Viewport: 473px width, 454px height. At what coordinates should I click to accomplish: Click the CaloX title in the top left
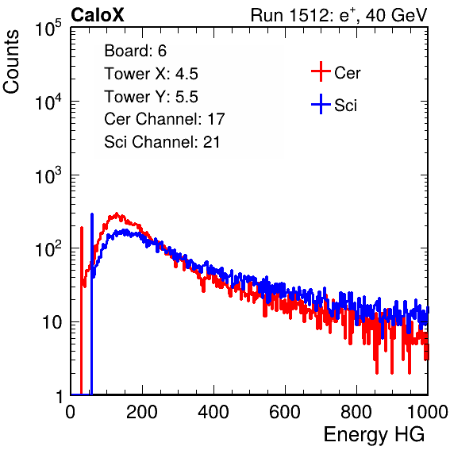(x=97, y=15)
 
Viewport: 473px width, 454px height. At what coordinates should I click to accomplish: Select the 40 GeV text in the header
(x=396, y=15)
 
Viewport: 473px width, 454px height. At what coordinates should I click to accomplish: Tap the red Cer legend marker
(x=321, y=71)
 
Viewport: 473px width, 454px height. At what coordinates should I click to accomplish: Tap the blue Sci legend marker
(x=321, y=104)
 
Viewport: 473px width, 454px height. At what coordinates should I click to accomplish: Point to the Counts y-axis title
(x=11, y=62)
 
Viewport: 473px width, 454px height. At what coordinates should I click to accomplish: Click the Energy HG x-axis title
(x=375, y=435)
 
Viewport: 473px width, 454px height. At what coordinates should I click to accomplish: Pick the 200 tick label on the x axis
(x=142, y=412)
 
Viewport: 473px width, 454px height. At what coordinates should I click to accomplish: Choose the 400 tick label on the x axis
(x=213, y=412)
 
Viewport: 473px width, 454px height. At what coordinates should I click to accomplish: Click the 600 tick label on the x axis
(x=285, y=412)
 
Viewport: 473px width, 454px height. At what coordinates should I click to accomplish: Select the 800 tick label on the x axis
(x=356, y=412)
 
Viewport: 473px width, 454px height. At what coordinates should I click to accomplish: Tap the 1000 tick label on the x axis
(x=428, y=412)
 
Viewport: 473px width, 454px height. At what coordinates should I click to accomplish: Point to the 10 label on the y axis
(x=52, y=322)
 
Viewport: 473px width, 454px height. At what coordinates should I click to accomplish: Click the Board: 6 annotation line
(x=136, y=51)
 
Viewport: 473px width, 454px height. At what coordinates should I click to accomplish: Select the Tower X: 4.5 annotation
(x=151, y=74)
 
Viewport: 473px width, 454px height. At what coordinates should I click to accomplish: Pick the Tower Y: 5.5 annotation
(x=151, y=97)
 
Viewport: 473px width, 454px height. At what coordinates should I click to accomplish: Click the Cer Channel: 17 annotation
(x=164, y=119)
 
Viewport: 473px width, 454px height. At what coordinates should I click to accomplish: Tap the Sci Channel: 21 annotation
(x=162, y=142)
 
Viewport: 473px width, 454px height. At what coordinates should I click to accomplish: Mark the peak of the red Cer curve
(x=117, y=214)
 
